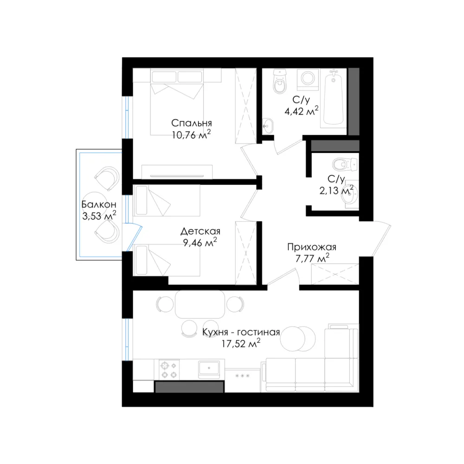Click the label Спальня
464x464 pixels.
191,123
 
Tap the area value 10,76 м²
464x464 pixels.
191,135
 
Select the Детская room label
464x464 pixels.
200,231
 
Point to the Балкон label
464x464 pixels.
98,204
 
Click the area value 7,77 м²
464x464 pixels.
308,258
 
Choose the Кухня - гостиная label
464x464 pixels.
241,332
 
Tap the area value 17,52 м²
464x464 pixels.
241,344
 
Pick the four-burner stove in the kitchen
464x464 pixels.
168,369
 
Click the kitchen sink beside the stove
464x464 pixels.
210,369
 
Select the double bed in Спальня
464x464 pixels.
179,102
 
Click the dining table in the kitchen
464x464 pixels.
200,304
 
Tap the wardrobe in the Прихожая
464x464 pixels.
332,274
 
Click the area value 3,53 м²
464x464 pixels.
98,216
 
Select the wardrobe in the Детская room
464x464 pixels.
245,253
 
